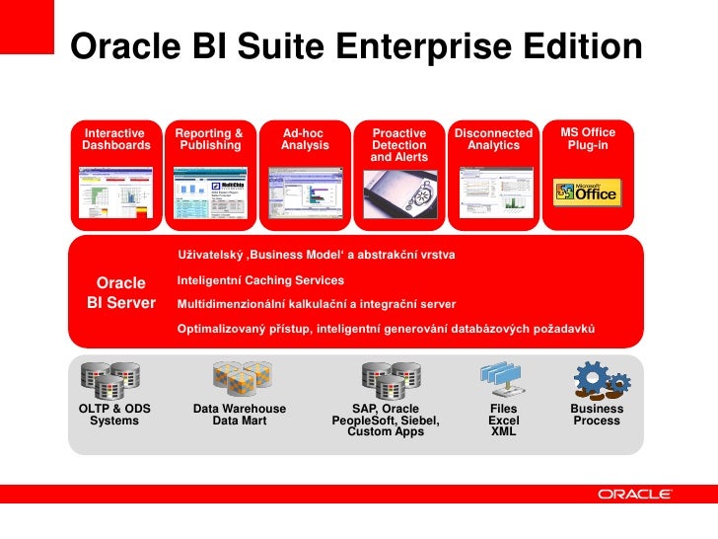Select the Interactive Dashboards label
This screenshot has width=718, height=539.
116,139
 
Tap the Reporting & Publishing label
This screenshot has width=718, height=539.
209,139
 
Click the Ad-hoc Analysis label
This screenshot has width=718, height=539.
304,139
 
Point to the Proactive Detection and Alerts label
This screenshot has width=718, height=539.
398,145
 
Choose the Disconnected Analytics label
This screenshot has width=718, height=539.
493,139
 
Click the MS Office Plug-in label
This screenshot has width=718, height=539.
588,139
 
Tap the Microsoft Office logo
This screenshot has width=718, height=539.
588,192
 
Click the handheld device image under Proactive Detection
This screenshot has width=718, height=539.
398,194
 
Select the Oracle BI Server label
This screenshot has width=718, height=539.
121,293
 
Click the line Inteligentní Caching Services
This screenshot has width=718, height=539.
260,281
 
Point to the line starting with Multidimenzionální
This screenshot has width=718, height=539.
316,304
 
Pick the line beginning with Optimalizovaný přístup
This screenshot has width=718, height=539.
386,328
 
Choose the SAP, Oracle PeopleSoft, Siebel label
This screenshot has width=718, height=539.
386,421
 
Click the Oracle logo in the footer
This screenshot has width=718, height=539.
635,495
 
